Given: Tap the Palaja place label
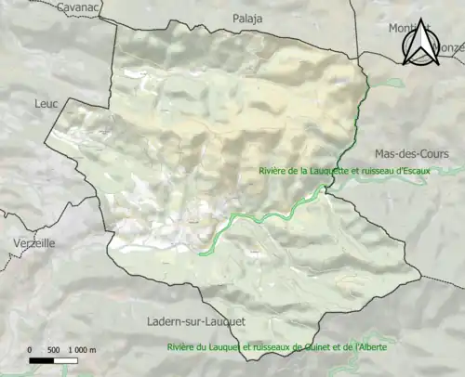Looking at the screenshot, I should pyautogui.click(x=248, y=18).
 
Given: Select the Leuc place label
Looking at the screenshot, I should pyautogui.click(x=46, y=104).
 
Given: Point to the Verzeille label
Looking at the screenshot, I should pyautogui.click(x=33, y=241).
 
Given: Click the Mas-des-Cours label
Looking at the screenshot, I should pyautogui.click(x=411, y=153).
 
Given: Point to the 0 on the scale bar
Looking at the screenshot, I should pyautogui.click(x=29, y=349).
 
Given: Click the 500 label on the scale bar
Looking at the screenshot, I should pyautogui.click(x=53, y=349).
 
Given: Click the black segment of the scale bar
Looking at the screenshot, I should pyautogui.click(x=41, y=359).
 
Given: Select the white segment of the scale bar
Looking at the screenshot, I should pyautogui.click(x=65, y=359).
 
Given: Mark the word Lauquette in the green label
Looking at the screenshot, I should pyautogui.click(x=330, y=170).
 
